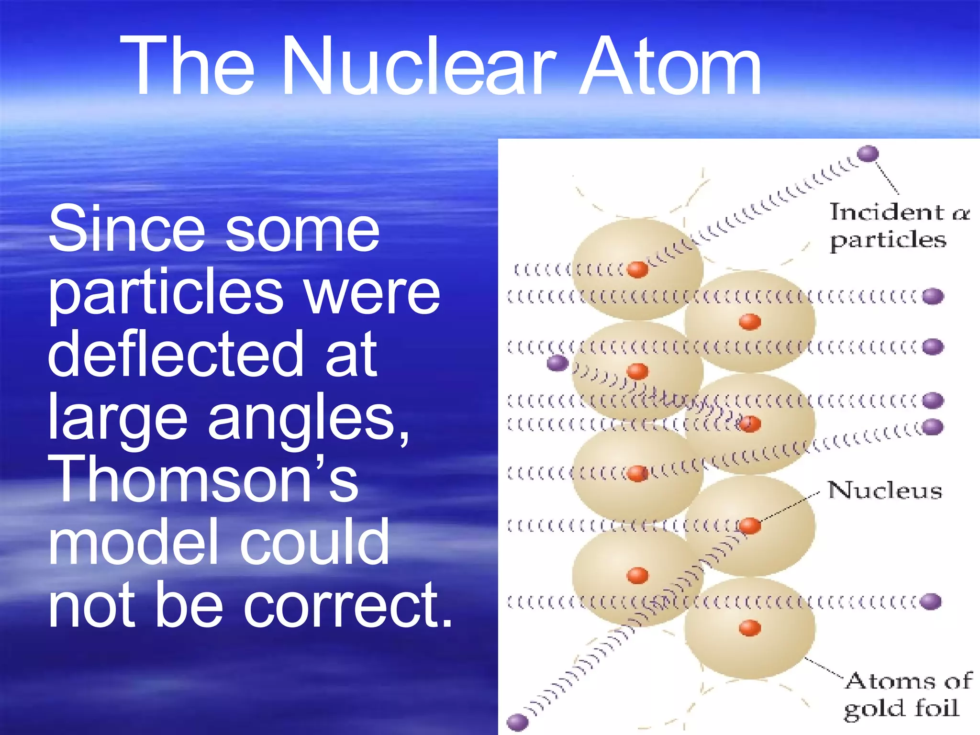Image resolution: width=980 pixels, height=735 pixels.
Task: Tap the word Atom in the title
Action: (x=670, y=67)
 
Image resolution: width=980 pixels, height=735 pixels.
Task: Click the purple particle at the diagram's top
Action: (x=868, y=154)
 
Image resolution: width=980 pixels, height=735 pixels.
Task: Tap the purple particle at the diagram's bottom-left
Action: (x=517, y=722)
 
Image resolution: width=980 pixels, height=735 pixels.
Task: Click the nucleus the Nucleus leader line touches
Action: (x=750, y=525)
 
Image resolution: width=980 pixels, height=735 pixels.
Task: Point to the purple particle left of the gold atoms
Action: (x=557, y=363)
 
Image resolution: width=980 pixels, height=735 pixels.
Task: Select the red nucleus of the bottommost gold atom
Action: (x=750, y=627)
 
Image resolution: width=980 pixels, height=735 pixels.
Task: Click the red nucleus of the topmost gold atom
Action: (x=637, y=269)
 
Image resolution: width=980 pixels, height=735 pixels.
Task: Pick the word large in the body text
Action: (x=117, y=417)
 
